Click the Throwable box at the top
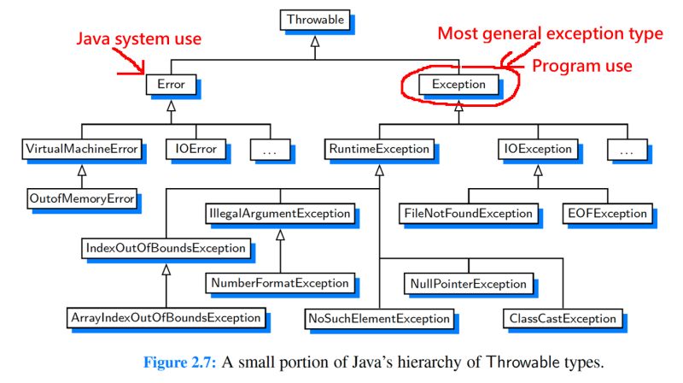tap(315, 18)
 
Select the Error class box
tap(171, 84)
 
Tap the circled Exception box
tap(458, 84)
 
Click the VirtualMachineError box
tap(79, 149)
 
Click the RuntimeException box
tap(378, 149)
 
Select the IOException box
tap(535, 149)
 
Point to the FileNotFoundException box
tap(467, 212)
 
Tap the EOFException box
tap(604, 212)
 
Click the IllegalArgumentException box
tap(279, 212)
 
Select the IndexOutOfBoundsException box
tap(166, 248)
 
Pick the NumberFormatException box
tap(278, 282)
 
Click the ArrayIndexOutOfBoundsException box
tap(165, 318)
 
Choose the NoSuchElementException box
tap(378, 318)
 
